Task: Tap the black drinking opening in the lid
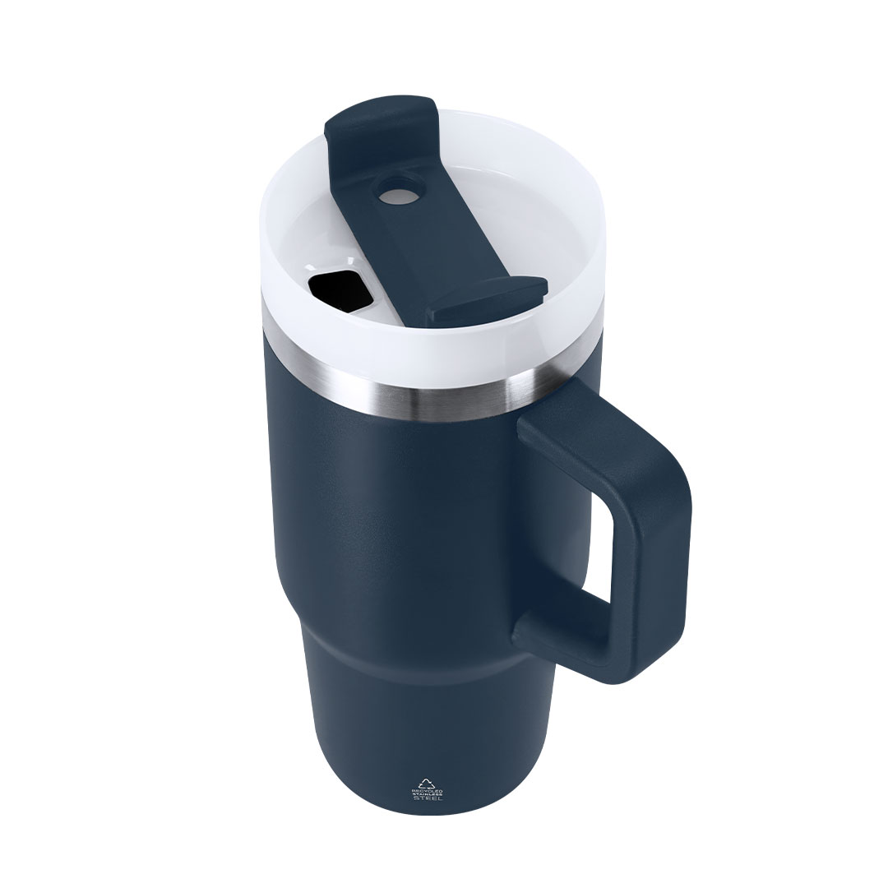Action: pyautogui.click(x=336, y=289)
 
